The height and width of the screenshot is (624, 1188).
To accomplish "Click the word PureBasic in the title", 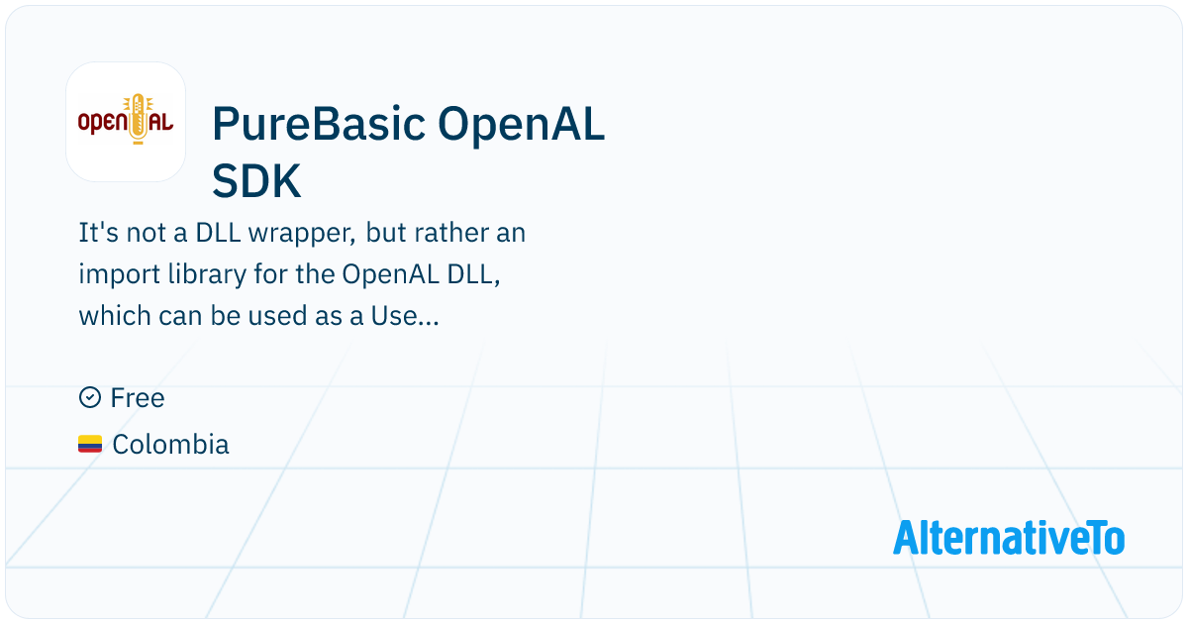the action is click(319, 124).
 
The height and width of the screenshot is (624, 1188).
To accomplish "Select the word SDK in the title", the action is click(256, 181).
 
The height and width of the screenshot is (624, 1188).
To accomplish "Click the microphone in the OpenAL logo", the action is click(139, 119).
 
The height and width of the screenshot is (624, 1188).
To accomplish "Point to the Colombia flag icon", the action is click(90, 444).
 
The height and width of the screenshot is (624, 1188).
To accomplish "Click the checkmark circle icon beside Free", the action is click(90, 397).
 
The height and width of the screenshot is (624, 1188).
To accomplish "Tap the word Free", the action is click(138, 398).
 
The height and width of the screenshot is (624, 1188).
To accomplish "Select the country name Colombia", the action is click(170, 444).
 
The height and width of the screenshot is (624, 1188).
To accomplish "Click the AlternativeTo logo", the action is click(1009, 538).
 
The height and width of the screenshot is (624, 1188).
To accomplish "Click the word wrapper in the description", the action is click(302, 234).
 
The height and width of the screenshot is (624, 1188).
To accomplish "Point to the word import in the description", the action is click(120, 275).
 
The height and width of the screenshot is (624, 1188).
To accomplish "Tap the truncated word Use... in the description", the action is click(405, 316).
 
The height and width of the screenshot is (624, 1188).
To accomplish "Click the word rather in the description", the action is click(451, 233).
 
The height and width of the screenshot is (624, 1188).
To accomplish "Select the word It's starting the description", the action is click(99, 233).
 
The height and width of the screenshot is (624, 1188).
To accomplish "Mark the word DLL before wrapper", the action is click(218, 233).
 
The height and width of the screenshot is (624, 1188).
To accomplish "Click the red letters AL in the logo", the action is click(160, 122).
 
